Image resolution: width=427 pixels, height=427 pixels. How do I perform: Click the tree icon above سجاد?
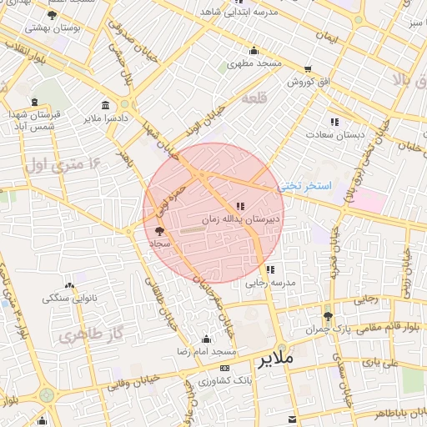pyautogui.click(x=159, y=231)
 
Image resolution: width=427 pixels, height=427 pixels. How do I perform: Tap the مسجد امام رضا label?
pyautogui.click(x=205, y=352)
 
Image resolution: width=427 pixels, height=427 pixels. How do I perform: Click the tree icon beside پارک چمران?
pyautogui.click(x=328, y=316)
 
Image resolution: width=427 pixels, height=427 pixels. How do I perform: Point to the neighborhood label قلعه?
pyautogui.click(x=253, y=99)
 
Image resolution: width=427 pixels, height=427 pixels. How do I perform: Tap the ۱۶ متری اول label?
pyautogui.click(x=59, y=163)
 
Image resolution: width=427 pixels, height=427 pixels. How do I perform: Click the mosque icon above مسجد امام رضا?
pyautogui.click(x=206, y=339)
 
